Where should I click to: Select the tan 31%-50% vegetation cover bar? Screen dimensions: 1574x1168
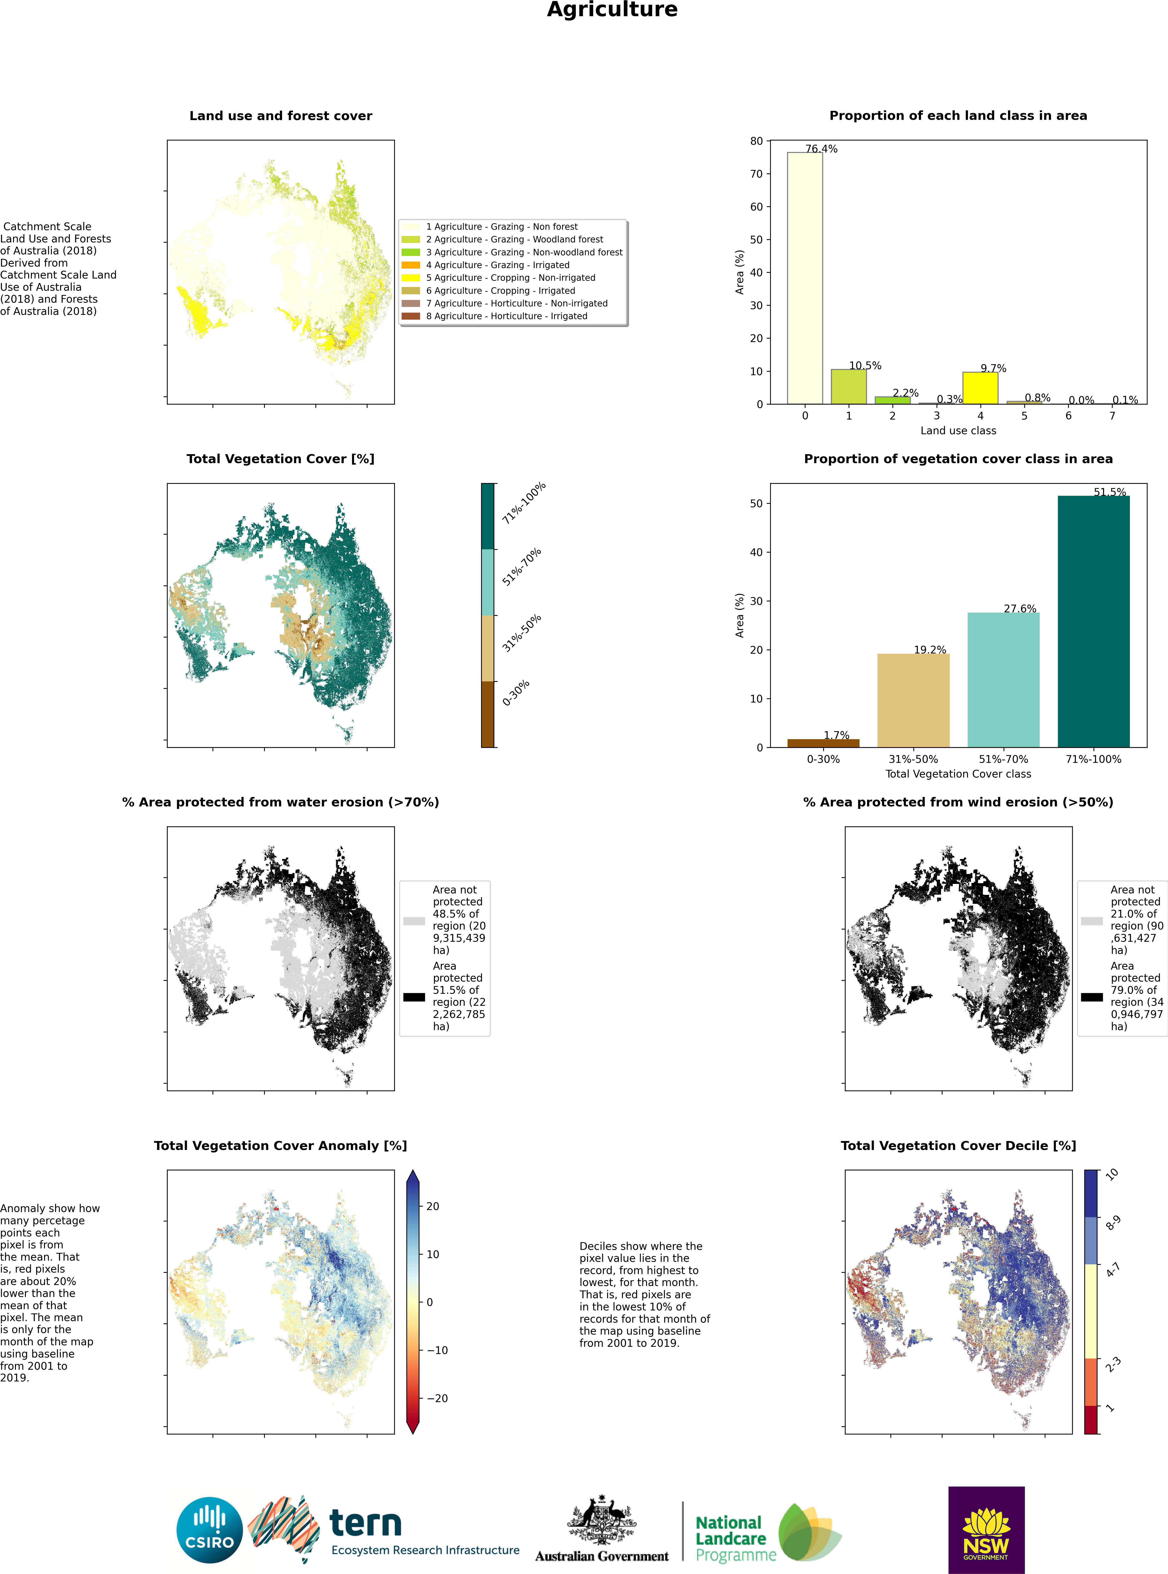point(913,700)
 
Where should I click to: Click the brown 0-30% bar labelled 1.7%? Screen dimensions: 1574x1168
point(823,743)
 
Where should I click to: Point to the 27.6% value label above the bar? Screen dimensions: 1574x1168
point(1020,609)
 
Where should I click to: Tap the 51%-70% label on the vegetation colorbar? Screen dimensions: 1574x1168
point(522,567)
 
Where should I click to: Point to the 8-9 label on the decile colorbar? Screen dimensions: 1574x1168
point(1113,1223)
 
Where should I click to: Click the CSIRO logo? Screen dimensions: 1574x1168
point(209,1530)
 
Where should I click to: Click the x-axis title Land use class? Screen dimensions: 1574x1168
point(958,430)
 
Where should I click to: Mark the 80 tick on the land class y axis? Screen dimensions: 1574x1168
point(756,141)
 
